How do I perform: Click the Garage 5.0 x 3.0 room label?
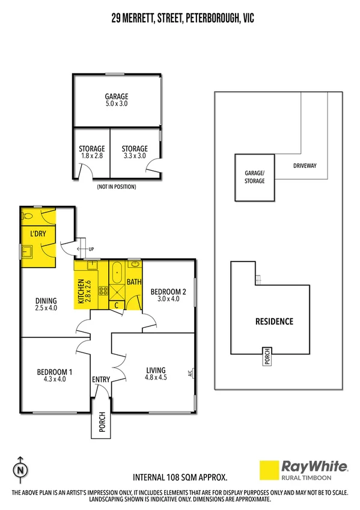pyautogui.click(x=117, y=100)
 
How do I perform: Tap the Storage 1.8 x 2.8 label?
pyautogui.click(x=92, y=152)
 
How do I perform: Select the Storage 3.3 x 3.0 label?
pyautogui.click(x=135, y=152)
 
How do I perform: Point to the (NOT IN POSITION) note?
pyautogui.click(x=117, y=186)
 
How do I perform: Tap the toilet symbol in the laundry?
pyautogui.click(x=27, y=216)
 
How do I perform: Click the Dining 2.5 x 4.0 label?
pyautogui.click(x=46, y=304)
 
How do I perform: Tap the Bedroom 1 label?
pyautogui.click(x=55, y=375)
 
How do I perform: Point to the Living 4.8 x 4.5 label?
pyautogui.click(x=155, y=373)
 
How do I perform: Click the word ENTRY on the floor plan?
pyautogui.click(x=100, y=379)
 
